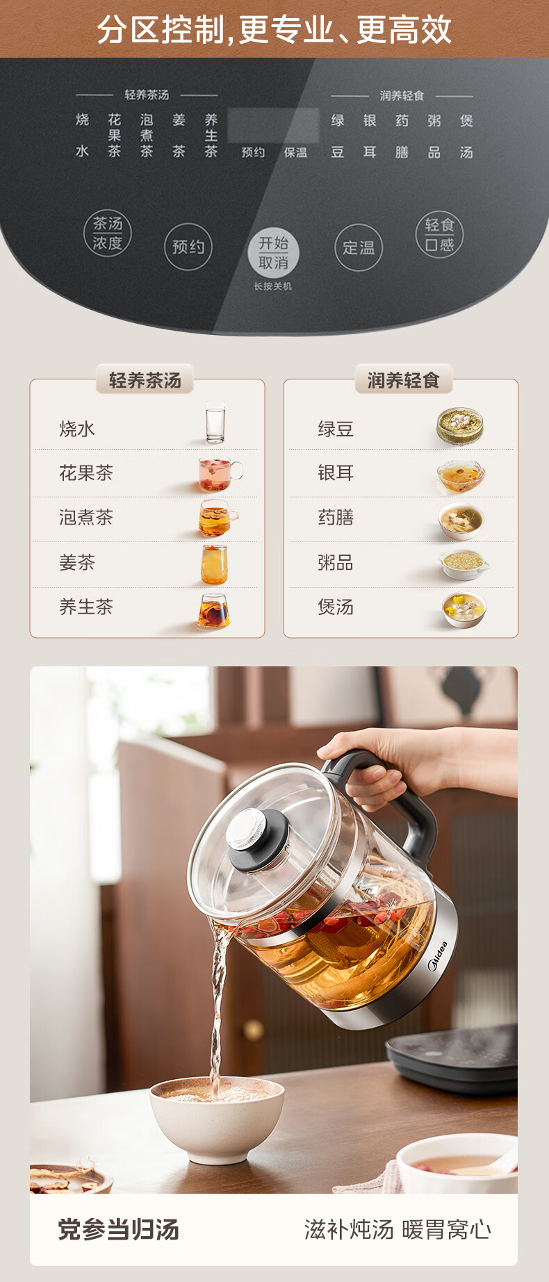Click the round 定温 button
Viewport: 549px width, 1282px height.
coord(359,247)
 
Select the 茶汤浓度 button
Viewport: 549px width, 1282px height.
coord(108,233)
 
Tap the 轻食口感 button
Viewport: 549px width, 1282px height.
coord(439,234)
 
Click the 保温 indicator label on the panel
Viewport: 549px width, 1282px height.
coord(295,152)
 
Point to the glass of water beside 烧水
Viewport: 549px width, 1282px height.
coord(215,422)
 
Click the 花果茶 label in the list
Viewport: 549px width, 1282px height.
coord(86,473)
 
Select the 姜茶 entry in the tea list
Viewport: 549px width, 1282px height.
coord(77,562)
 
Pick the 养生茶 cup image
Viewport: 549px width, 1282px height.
coord(214,611)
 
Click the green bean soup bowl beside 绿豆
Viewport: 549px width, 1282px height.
coord(460,426)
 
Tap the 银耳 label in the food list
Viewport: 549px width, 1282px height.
coord(336,473)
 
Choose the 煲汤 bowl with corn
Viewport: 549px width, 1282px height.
coord(464,609)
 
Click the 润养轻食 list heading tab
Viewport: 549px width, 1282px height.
coord(404,380)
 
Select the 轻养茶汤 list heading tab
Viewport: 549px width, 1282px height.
coord(145,380)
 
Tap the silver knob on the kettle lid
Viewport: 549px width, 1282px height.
coord(247,830)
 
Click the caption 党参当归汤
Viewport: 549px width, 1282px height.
coord(118,1230)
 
